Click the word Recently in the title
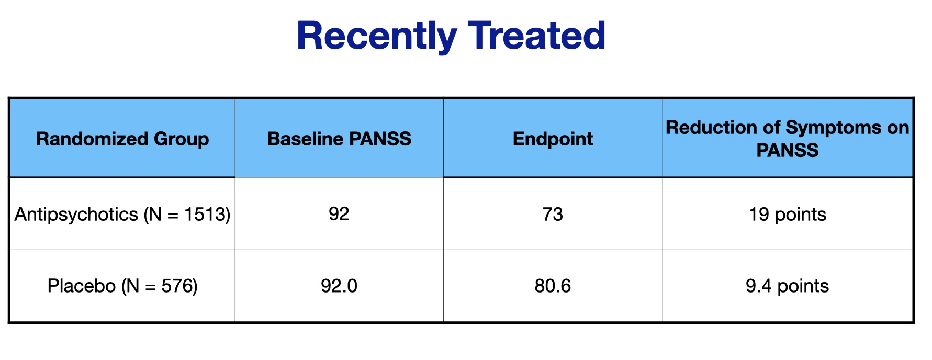pos(377,37)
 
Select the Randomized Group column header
pos(122,139)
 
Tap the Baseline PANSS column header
pos(339,139)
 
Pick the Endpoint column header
pos(553,139)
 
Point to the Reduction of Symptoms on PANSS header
pos(788,139)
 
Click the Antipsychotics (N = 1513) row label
pos(122,215)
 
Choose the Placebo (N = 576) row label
pos(122,286)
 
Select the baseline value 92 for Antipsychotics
pos(339,214)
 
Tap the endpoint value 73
pos(553,214)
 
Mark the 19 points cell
pos(788,215)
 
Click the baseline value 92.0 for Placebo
pos(339,286)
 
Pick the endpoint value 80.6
pos(553,286)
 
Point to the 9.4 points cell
pos(788,286)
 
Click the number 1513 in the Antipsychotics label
pos(205,214)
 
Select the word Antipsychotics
pos(76,215)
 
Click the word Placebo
pos(81,286)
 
